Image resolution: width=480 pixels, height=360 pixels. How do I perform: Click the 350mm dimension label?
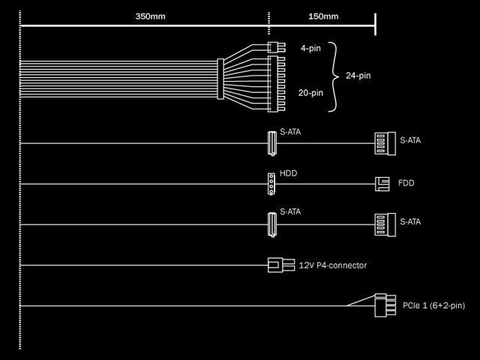(x=150, y=16)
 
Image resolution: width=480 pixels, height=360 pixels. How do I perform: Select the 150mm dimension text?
(x=322, y=16)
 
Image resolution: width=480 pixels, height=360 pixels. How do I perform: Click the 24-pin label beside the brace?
(x=359, y=75)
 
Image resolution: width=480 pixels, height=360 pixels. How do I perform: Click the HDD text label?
(x=289, y=172)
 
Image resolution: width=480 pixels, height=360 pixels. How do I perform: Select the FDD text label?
(x=407, y=183)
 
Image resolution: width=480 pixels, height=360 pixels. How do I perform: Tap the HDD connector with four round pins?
(x=272, y=182)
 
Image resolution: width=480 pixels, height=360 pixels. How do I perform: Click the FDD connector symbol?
(x=382, y=182)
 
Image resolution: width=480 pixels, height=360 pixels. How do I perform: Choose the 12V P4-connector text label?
(x=333, y=265)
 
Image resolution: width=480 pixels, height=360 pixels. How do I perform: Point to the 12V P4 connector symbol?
(x=280, y=265)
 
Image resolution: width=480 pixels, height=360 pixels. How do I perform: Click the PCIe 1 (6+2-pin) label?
(x=433, y=305)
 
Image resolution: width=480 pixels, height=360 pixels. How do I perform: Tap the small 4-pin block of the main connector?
(x=273, y=47)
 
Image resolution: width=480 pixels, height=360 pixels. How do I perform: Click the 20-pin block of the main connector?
(x=273, y=85)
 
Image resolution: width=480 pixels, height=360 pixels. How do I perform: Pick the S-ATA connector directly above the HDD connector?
(x=272, y=142)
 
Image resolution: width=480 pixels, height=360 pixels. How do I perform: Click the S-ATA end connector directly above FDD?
(x=384, y=142)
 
